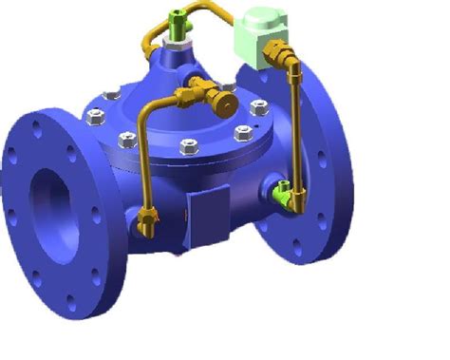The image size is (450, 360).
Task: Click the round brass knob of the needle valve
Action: (227, 99)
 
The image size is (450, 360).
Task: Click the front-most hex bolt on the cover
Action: (188, 147)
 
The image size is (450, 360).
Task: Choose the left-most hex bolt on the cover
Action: (96, 117)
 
